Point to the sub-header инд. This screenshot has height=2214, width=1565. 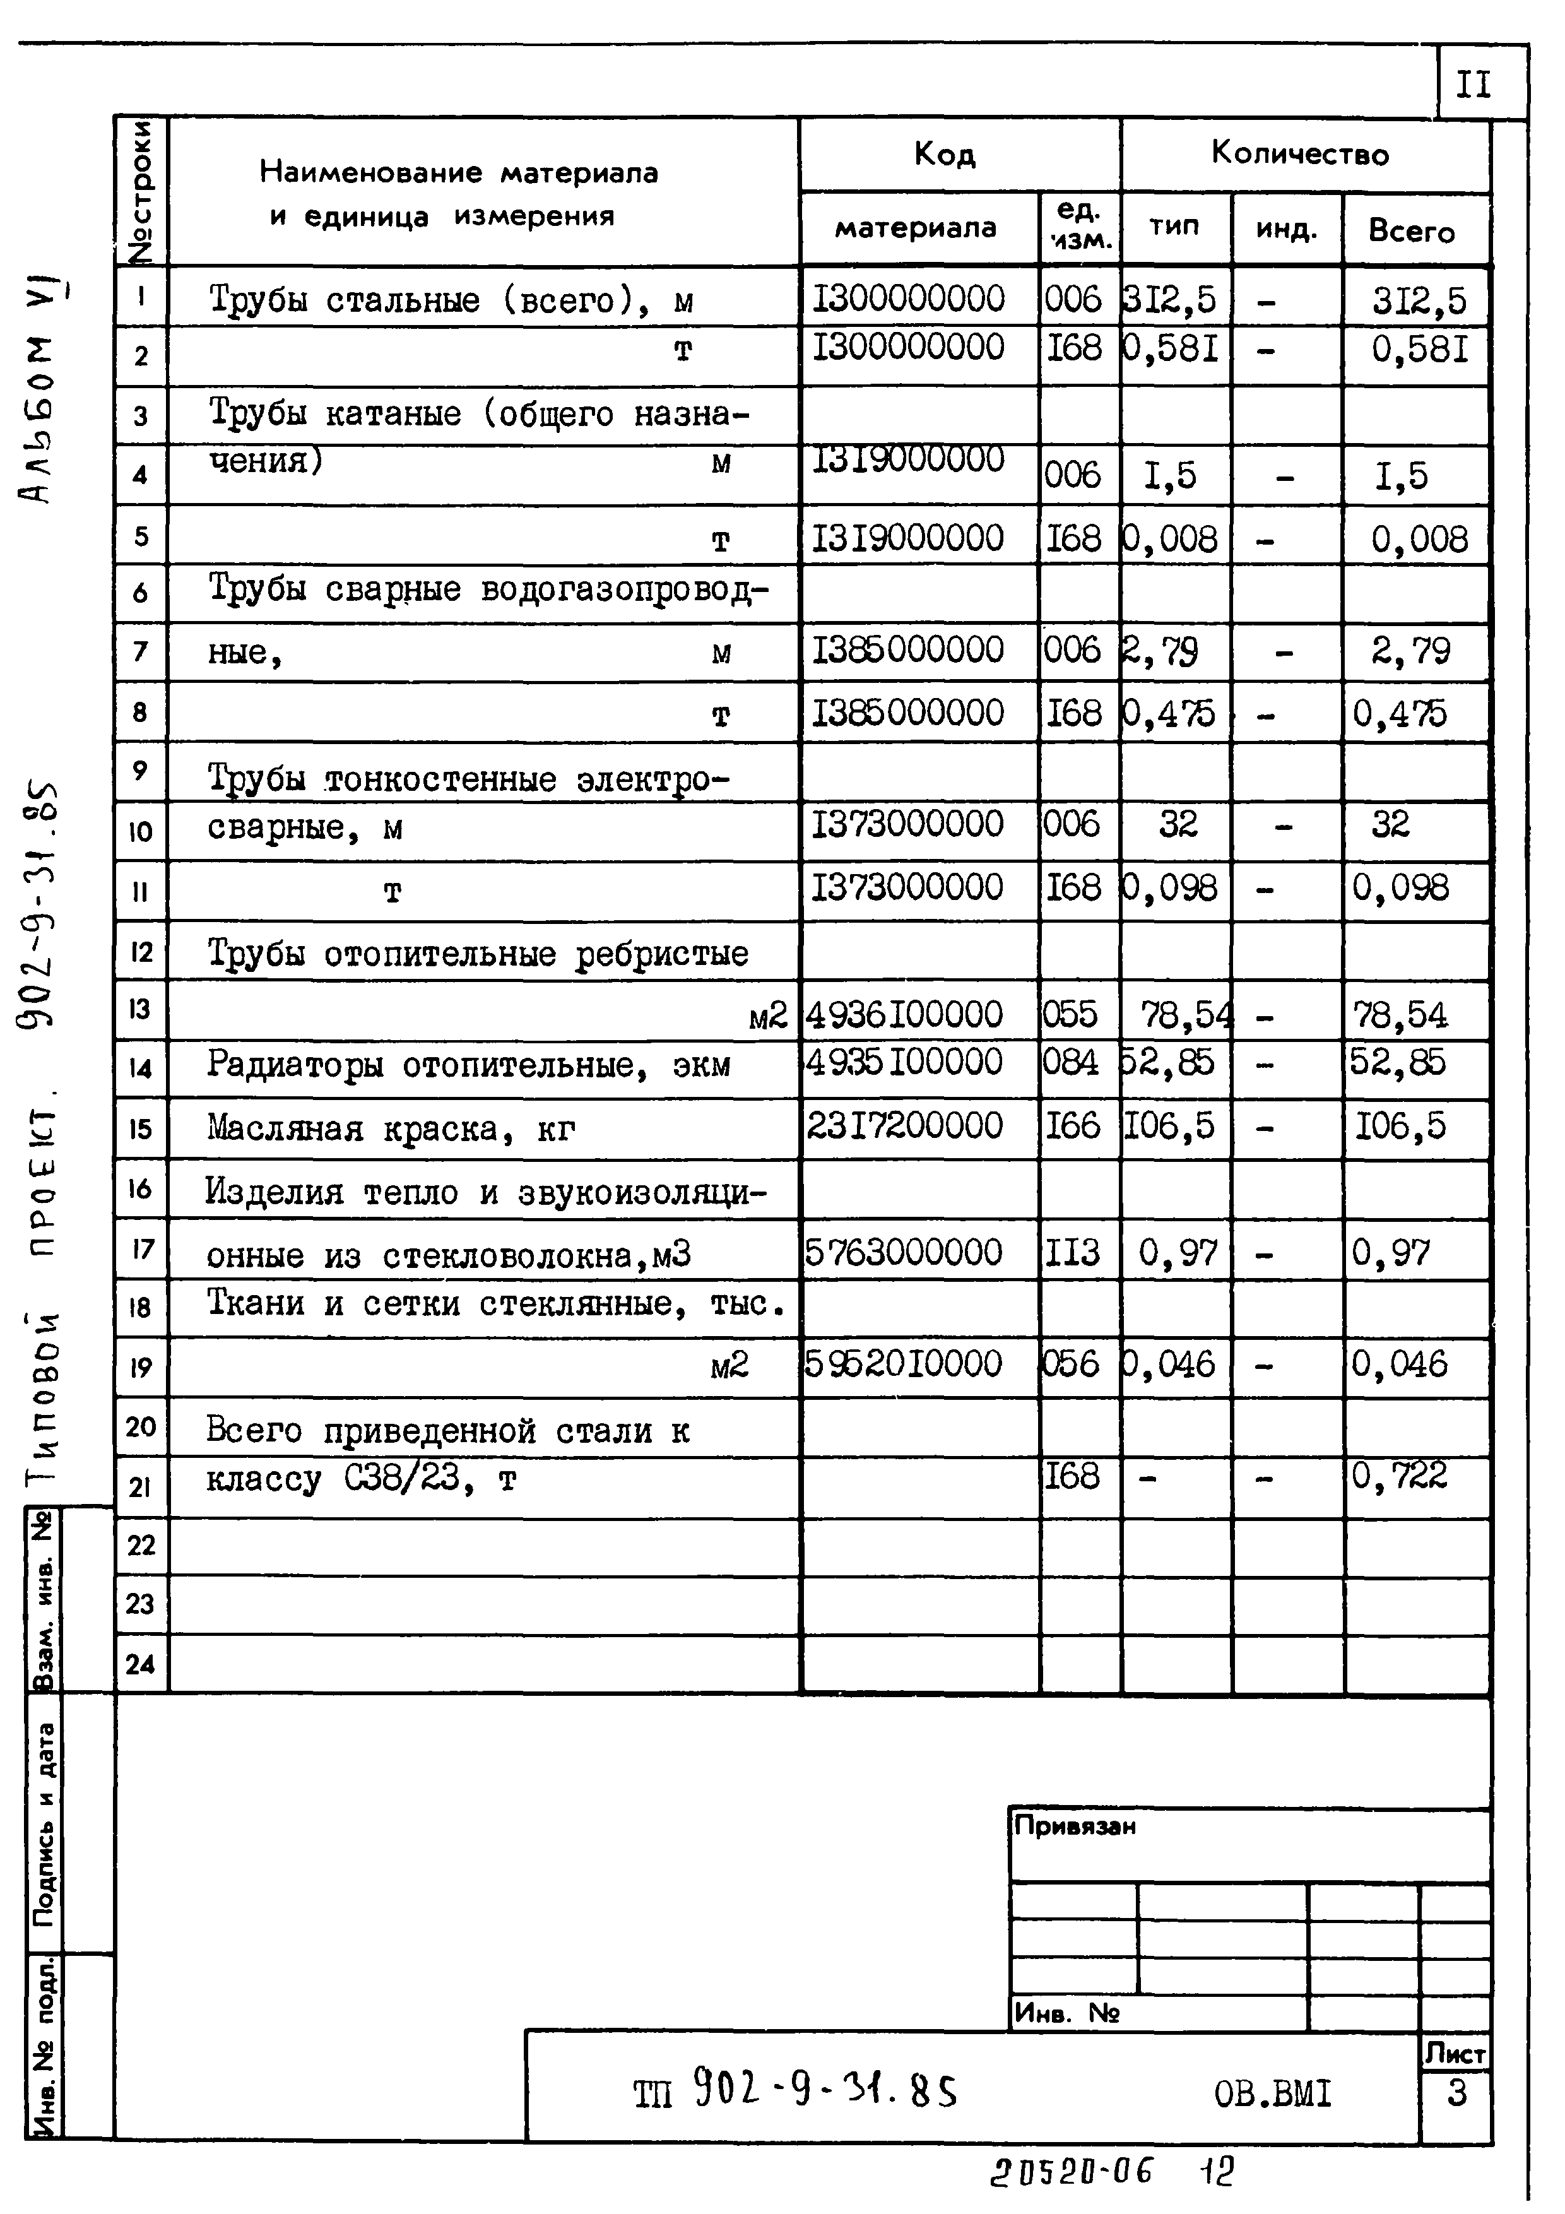pyautogui.click(x=1285, y=230)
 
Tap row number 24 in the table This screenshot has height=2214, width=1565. pyautogui.click(x=141, y=1664)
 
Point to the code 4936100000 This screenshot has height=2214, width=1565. pyautogui.click(x=904, y=1014)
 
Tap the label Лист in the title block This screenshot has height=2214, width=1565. pyautogui.click(x=1454, y=2054)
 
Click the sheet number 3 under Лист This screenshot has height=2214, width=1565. pyautogui.click(x=1456, y=2093)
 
